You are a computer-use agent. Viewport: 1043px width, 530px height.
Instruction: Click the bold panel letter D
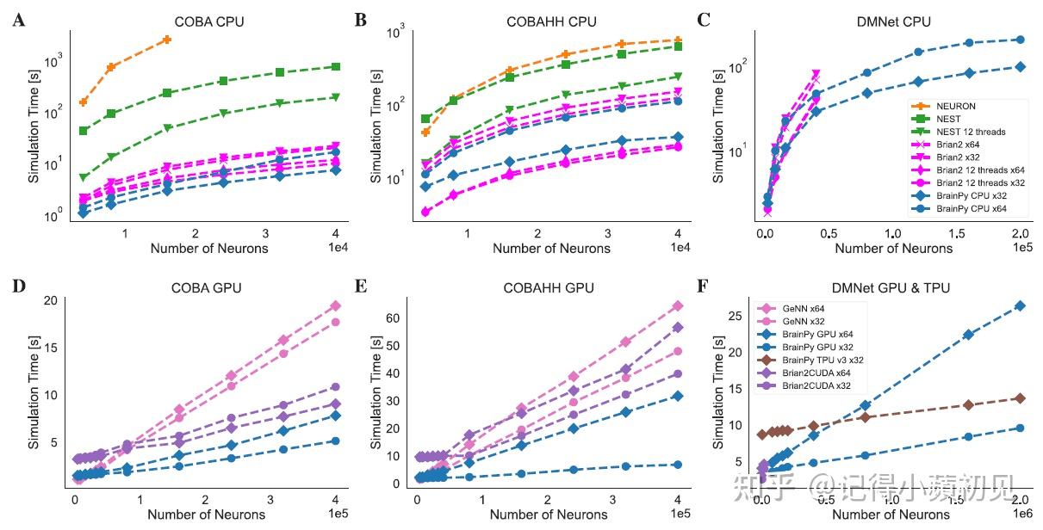tap(18, 284)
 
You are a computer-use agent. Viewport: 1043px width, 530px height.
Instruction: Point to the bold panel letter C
tap(703, 19)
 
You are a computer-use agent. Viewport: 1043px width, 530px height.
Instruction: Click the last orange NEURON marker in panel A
tap(166, 40)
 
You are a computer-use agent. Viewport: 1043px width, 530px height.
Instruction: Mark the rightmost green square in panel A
tap(335, 66)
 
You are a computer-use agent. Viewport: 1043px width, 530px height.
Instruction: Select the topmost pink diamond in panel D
tap(335, 306)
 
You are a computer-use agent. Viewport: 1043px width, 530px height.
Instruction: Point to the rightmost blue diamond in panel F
tap(1020, 305)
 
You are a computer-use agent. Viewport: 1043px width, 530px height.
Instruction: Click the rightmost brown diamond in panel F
tap(1020, 398)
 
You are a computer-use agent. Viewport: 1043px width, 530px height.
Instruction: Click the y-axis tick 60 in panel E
tap(392, 318)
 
